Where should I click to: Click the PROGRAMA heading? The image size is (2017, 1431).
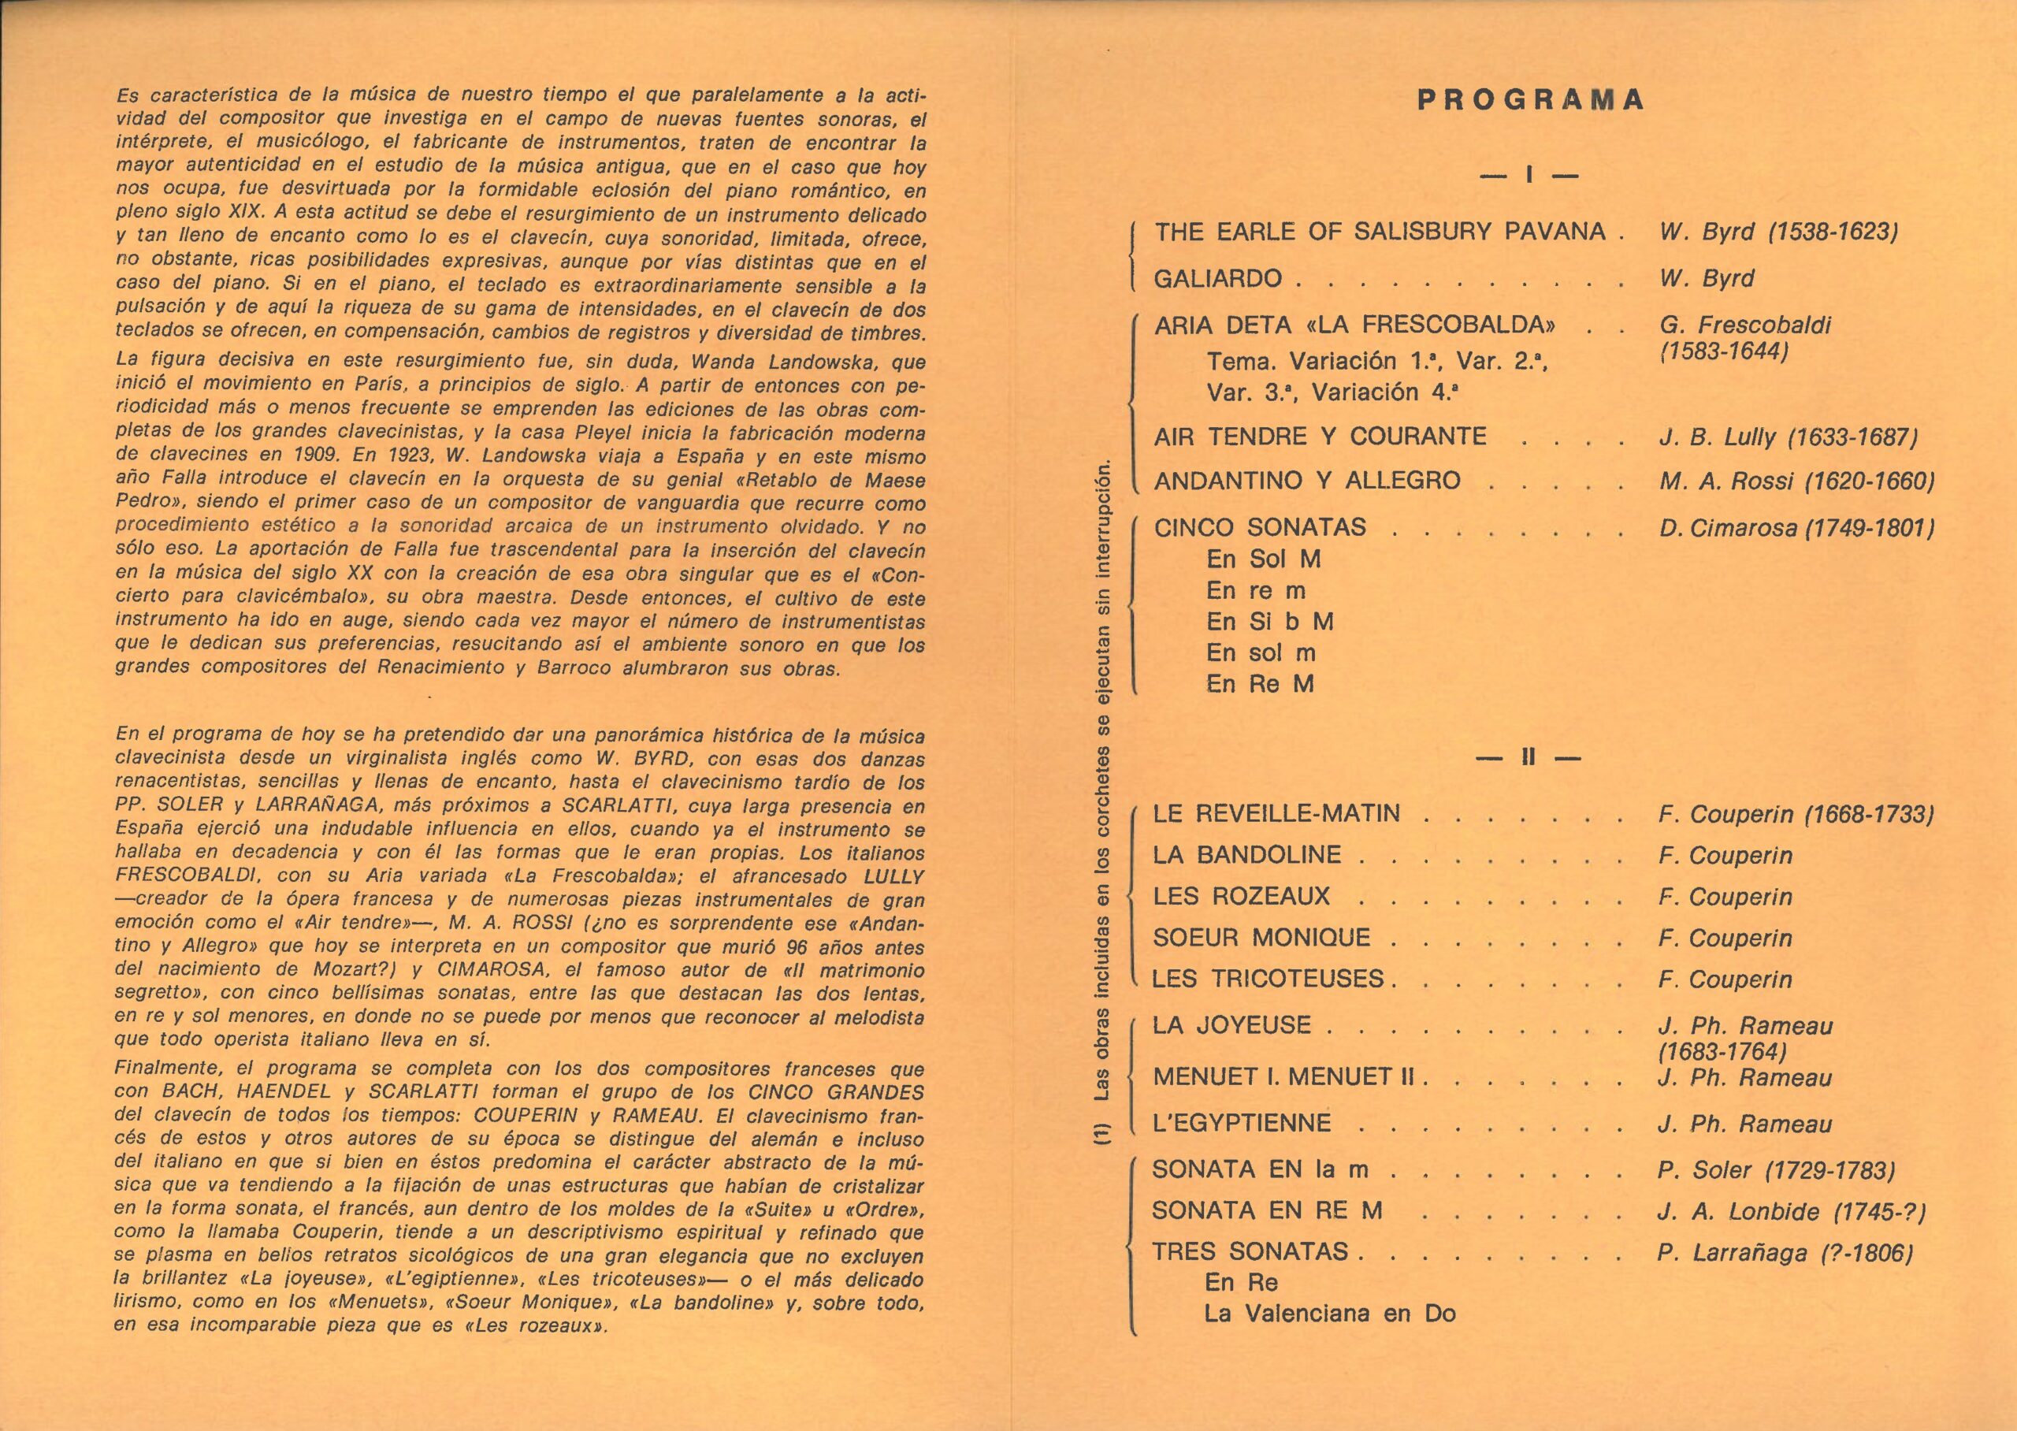[x=1530, y=99]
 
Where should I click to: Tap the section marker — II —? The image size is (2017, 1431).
[x=1529, y=757]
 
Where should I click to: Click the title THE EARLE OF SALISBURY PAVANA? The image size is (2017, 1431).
[x=1380, y=232]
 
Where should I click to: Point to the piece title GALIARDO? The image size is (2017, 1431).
[x=1218, y=279]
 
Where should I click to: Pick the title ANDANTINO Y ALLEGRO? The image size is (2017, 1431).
[x=1307, y=481]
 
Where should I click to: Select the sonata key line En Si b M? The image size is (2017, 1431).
[x=1269, y=622]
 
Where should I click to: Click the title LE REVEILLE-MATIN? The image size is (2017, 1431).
[x=1276, y=813]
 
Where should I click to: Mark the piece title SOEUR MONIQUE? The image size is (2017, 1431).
[x=1261, y=938]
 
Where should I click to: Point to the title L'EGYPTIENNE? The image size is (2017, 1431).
[x=1242, y=1124]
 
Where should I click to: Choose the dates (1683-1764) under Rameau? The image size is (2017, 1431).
[x=1722, y=1051]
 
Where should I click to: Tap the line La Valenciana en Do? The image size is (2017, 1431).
[x=1330, y=1314]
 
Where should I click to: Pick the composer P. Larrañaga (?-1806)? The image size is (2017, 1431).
[x=1785, y=1253]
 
